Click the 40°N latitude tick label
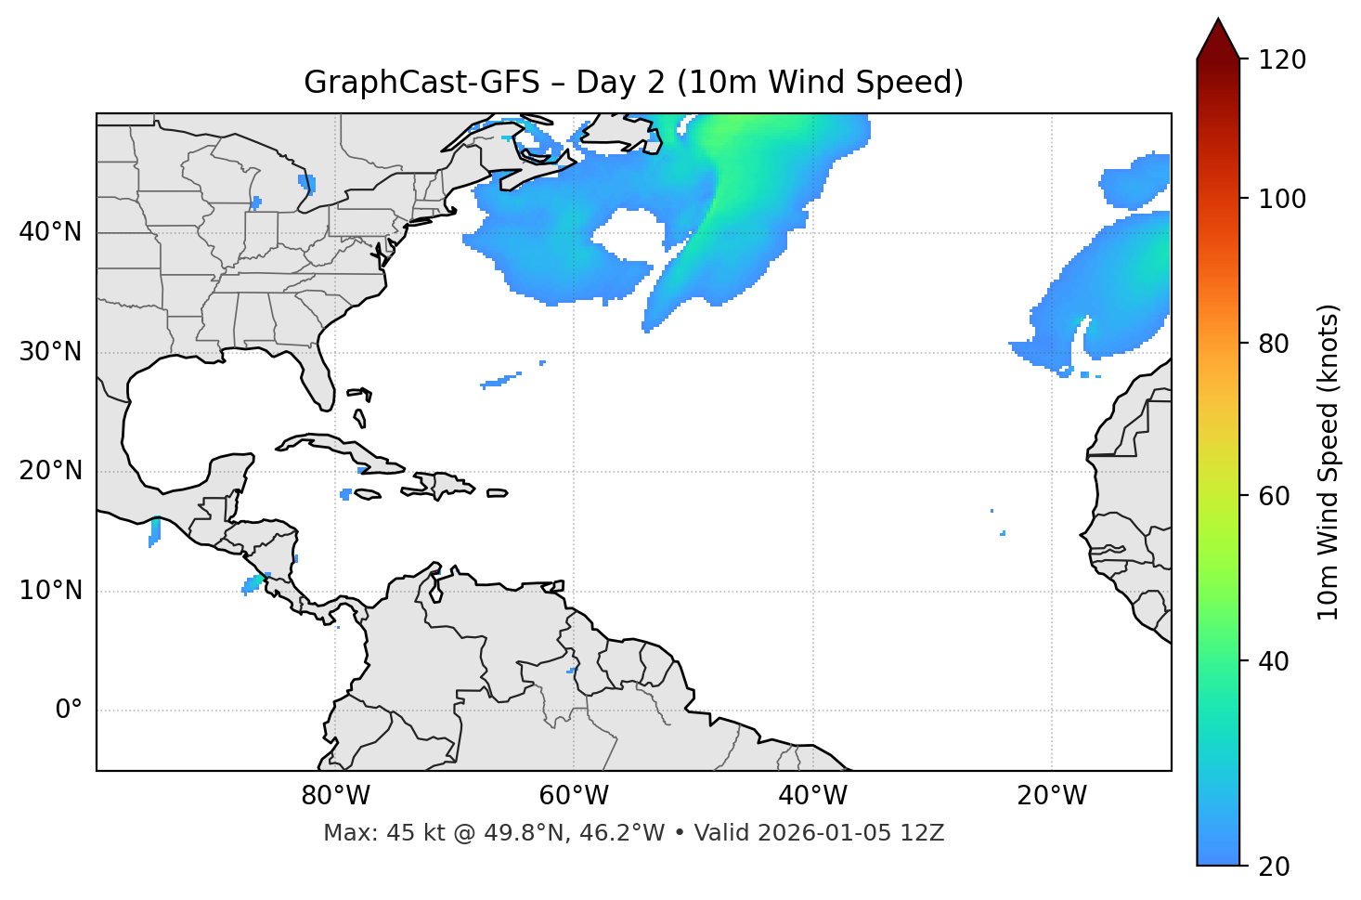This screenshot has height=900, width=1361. [x=50, y=232]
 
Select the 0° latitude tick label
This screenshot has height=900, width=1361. [x=68, y=711]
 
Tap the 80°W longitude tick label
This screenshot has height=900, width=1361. [x=335, y=796]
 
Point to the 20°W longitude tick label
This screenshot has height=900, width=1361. [x=1052, y=796]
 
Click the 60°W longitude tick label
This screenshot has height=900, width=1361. [x=574, y=796]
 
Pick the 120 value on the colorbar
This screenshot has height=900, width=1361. [x=1282, y=60]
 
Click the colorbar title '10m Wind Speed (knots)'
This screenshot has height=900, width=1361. [x=1329, y=462]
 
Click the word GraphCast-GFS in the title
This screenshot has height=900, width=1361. [x=421, y=83]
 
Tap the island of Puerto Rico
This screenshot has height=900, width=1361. [x=497, y=493]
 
